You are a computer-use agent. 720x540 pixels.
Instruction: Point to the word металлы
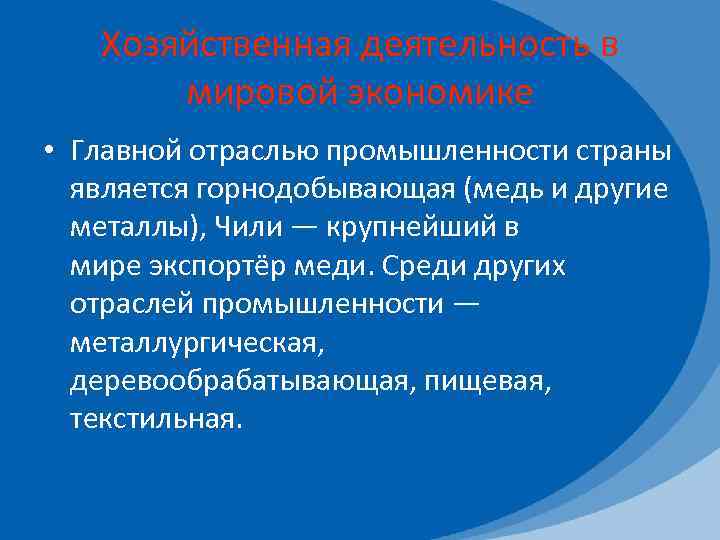point(130,229)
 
